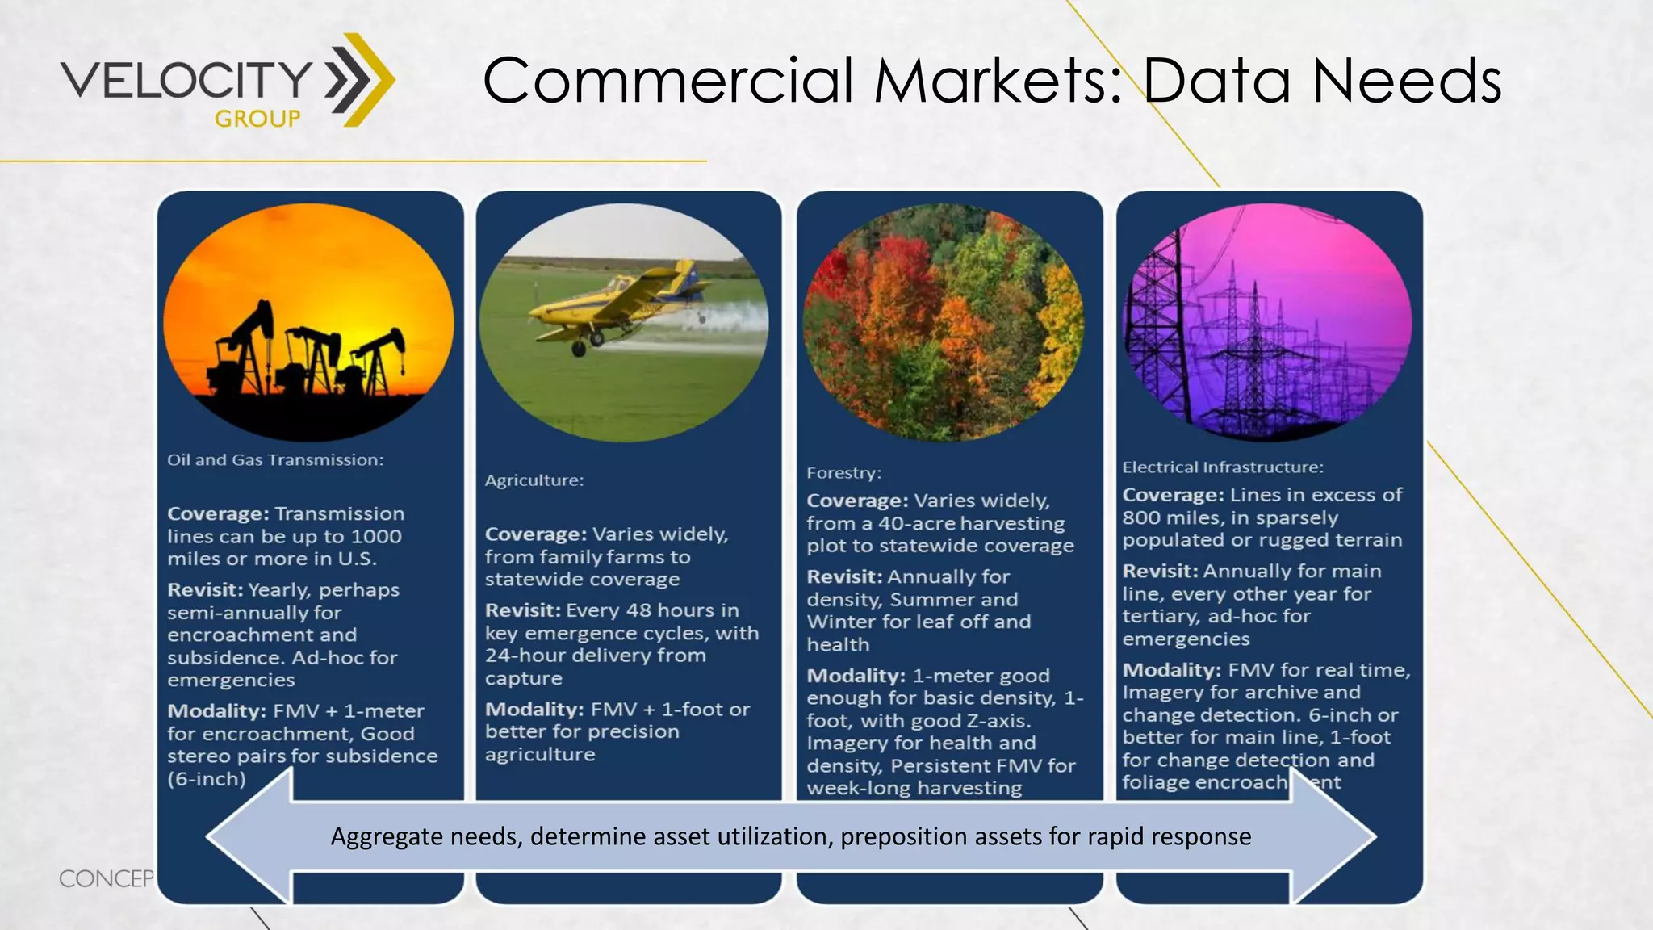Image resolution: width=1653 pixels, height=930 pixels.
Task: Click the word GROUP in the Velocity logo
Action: (257, 119)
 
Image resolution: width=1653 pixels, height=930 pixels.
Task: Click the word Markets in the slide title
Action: (998, 81)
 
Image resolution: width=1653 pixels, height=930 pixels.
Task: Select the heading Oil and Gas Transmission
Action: (275, 460)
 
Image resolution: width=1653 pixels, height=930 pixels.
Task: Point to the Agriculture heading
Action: (534, 480)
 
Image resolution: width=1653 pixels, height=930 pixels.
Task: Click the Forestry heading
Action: (843, 473)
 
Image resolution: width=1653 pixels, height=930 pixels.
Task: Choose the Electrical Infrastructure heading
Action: (1222, 467)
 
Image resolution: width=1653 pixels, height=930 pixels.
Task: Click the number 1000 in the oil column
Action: (376, 537)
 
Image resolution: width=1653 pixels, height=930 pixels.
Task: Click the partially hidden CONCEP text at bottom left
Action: (105, 878)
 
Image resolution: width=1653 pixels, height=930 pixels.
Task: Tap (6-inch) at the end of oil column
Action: (207, 780)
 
